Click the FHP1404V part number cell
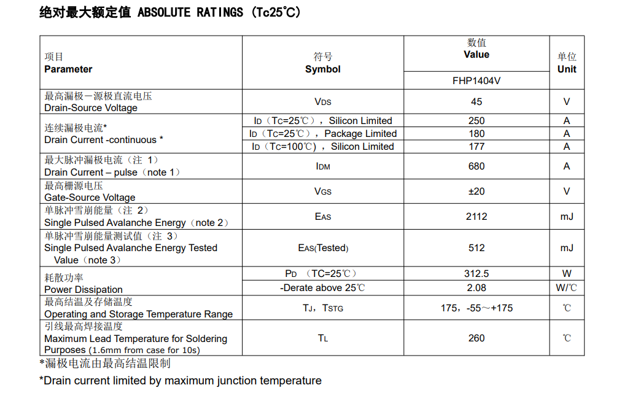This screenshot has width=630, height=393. coord(476,80)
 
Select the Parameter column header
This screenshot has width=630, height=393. coord(68,69)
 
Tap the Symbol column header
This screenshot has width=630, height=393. coord(322,69)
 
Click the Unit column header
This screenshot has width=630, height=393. coord(566,69)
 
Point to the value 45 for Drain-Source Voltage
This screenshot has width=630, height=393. coord(476,101)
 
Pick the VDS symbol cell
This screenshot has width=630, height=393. coord(322,101)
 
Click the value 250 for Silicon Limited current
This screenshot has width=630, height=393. coord(476,120)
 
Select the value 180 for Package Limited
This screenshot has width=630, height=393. coord(476,133)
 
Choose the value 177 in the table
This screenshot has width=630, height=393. coord(476,146)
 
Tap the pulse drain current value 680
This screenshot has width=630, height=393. coord(476,166)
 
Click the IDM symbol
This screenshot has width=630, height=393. coord(322,166)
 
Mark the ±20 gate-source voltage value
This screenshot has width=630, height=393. coord(476,191)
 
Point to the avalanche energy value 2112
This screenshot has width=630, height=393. coord(476,216)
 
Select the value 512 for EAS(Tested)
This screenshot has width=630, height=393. coord(476,247)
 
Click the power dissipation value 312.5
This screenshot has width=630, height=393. coord(476,273)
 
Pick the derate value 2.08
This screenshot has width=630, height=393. coord(476,287)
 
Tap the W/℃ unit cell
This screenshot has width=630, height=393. coord(566,287)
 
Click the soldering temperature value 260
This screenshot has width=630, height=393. coord(476,338)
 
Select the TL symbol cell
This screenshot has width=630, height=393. coord(322,338)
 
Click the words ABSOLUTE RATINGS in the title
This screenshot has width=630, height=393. coord(190,13)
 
